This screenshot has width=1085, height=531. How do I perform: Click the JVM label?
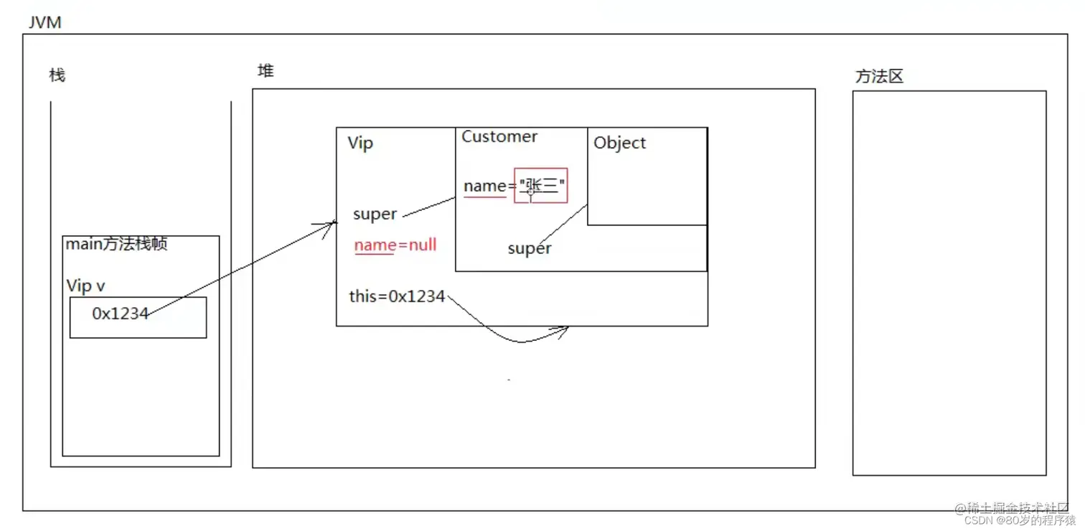coord(44,22)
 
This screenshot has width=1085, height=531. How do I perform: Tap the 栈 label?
coord(57,75)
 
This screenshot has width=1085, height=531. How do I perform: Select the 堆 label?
coord(266,71)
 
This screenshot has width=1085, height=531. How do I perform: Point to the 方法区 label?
coord(878,77)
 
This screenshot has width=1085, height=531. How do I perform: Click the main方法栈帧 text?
coord(116,245)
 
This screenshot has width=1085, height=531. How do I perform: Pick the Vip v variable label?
coord(86,286)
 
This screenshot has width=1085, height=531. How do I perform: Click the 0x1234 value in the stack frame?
coord(120,314)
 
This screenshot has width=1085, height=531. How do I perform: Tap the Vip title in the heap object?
coord(360,143)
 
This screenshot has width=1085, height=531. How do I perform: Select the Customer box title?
coord(499,137)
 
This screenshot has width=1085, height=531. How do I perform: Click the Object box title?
coord(619,143)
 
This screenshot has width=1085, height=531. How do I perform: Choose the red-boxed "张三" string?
coord(541,186)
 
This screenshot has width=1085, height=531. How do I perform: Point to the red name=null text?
coord(395,245)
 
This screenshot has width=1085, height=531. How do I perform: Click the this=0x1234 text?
coord(397,296)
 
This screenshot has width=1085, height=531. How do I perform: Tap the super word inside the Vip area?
coord(375,215)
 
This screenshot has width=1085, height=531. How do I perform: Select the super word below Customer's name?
coord(529,249)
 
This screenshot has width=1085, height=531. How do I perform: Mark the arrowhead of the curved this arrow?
coord(563,331)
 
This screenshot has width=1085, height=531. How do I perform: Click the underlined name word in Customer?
coord(485,187)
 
